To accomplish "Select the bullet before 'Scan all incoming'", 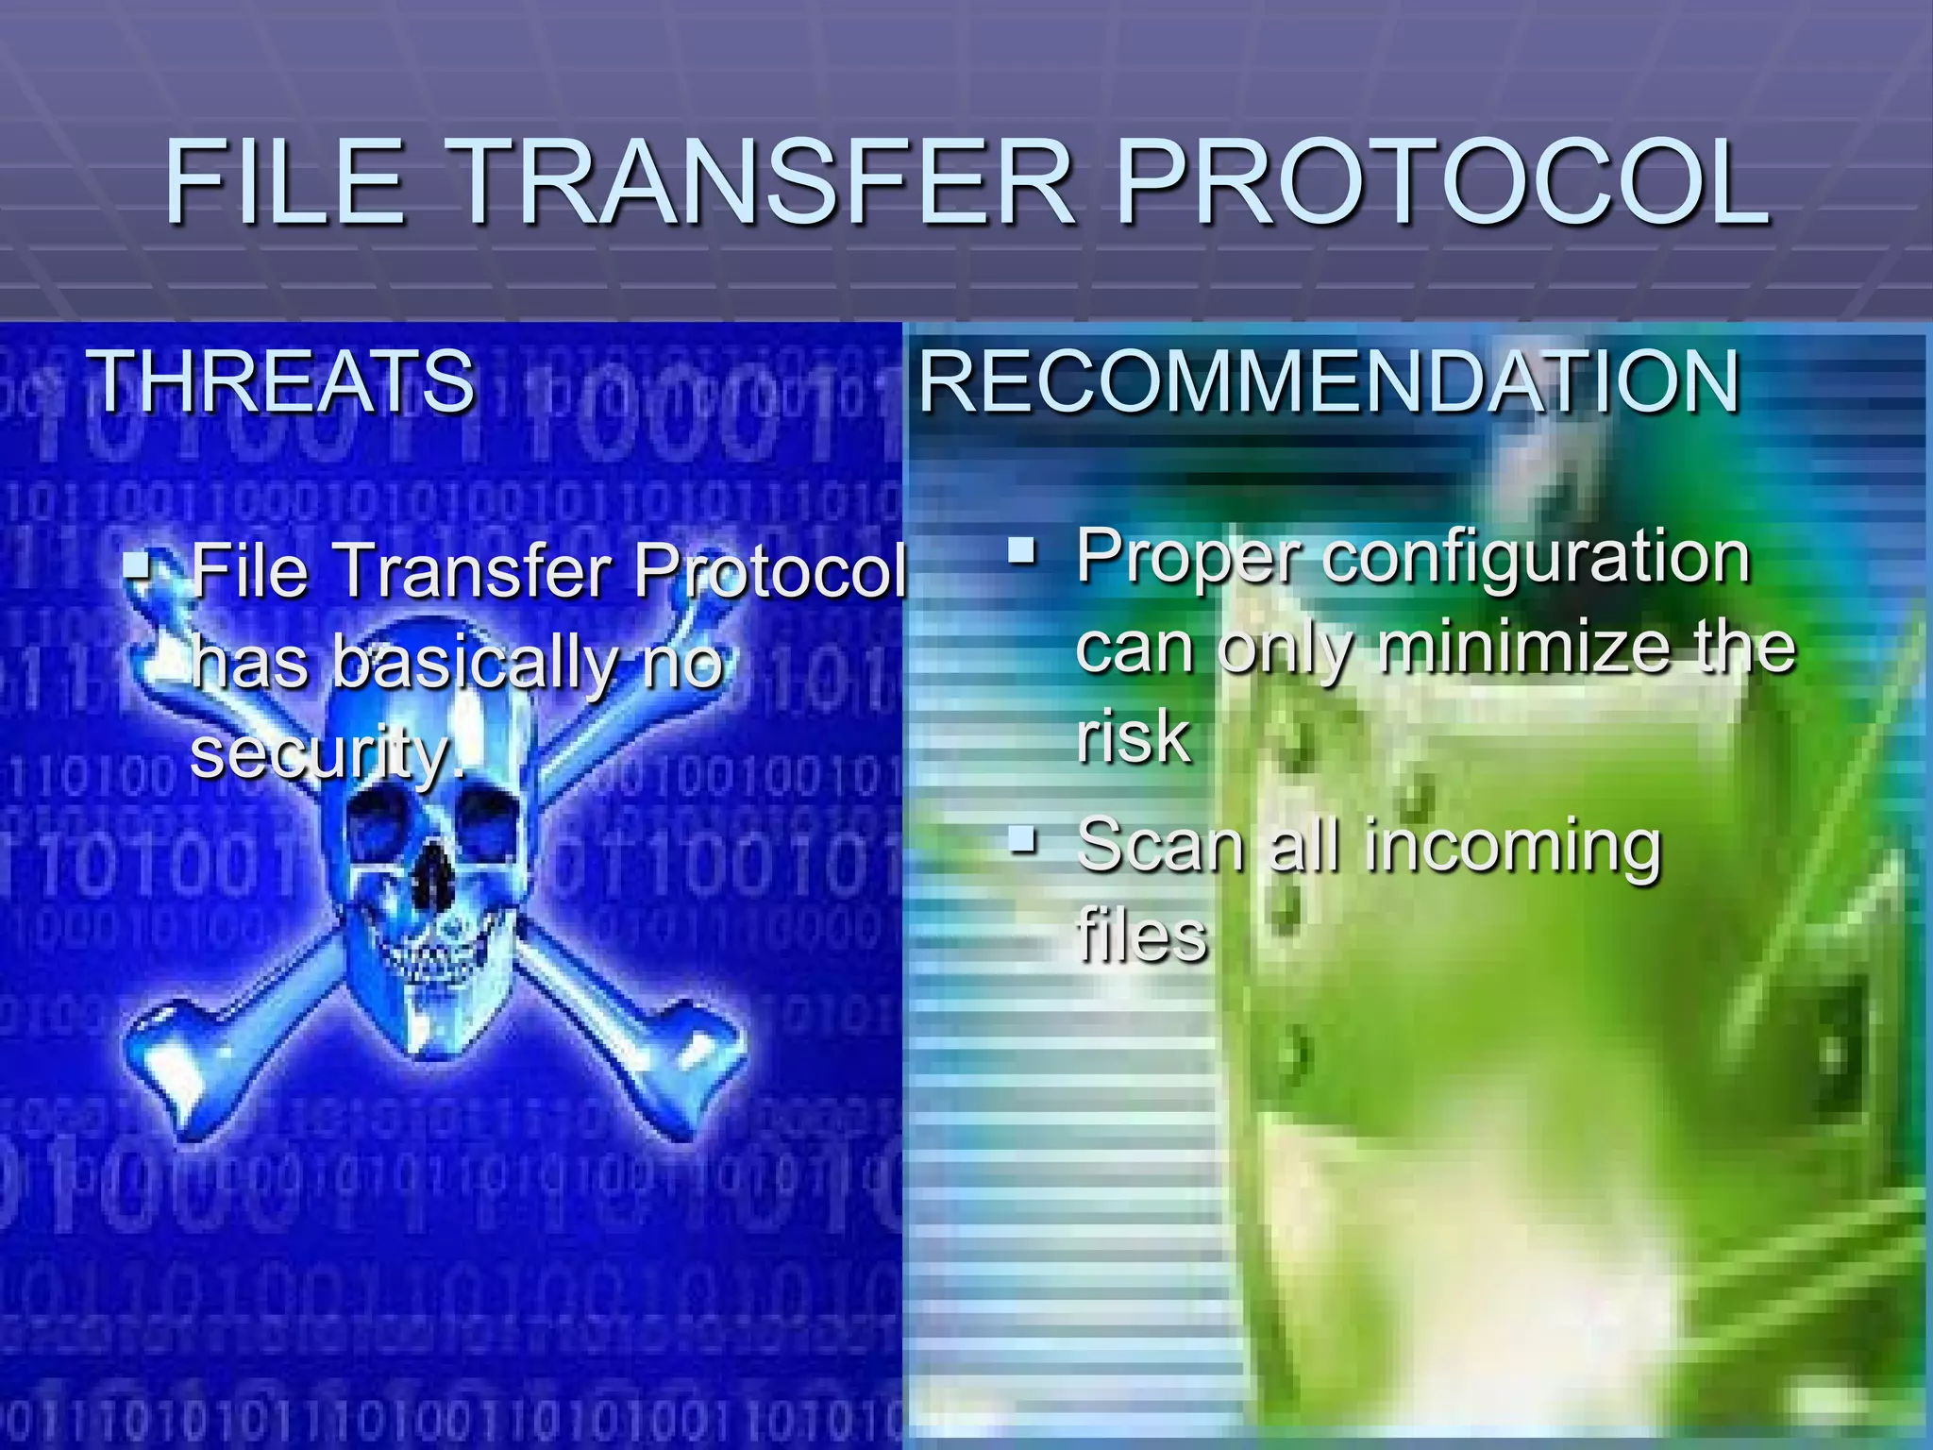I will click(1022, 837).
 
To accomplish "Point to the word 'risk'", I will click(1133, 737).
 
